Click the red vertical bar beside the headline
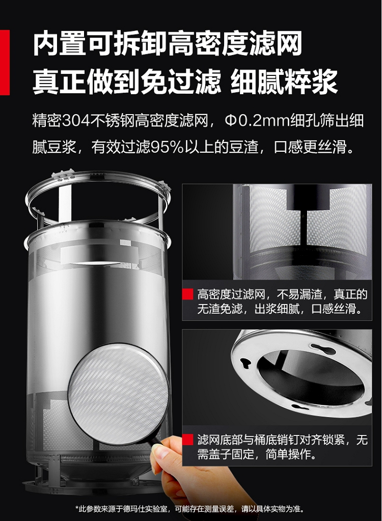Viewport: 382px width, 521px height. click(x=4, y=63)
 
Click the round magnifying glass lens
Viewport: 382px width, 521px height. click(x=118, y=394)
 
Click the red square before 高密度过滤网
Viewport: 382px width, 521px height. click(x=187, y=294)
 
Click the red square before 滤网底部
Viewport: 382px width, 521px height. click(x=187, y=440)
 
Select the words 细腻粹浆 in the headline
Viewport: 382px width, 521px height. click(x=284, y=81)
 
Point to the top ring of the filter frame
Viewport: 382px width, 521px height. click(x=98, y=179)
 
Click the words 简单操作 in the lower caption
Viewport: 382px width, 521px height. click(x=289, y=454)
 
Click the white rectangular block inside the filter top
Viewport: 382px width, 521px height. click(x=96, y=254)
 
